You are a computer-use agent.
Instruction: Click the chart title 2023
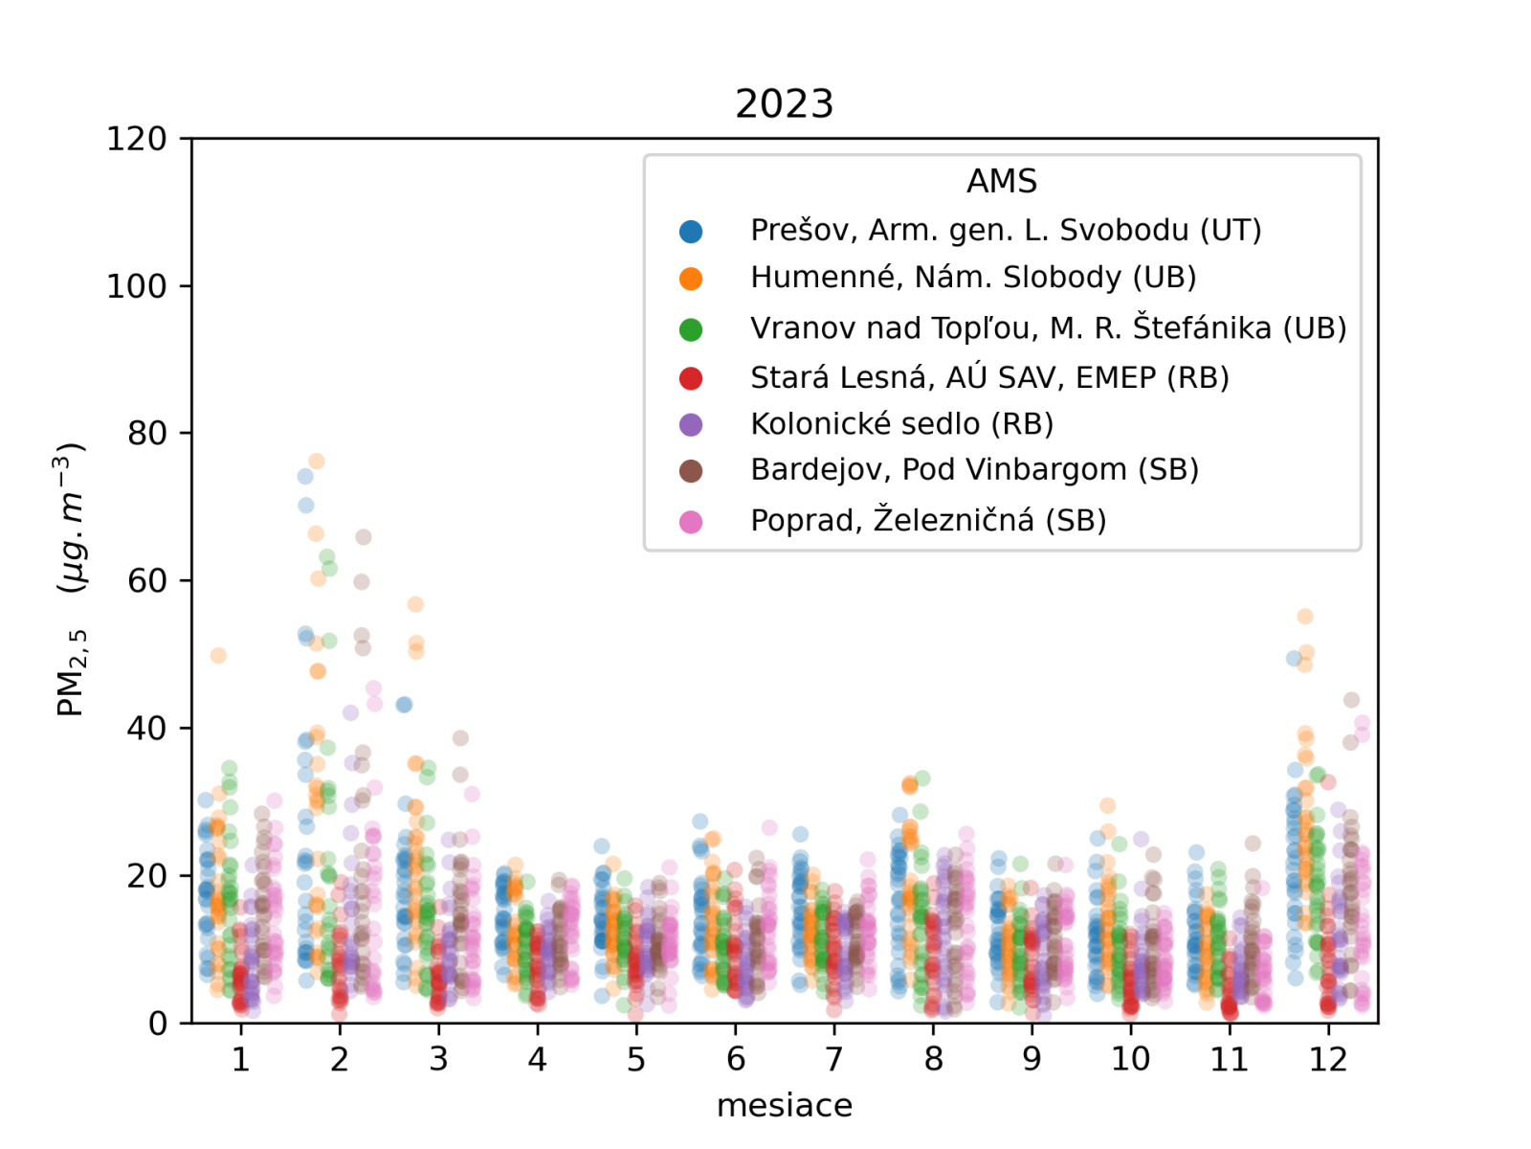[784, 103]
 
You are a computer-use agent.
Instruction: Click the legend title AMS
[1001, 181]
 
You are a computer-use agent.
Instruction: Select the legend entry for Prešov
[1005, 231]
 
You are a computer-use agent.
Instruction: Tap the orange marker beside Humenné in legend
[691, 279]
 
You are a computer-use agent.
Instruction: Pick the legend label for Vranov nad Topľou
[1048, 328]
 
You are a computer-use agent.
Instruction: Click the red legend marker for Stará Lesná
[691, 378]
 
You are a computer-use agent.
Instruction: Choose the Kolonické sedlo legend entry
[901, 424]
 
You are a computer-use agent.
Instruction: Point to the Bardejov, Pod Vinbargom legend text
[974, 470]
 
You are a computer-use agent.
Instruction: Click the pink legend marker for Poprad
[691, 522]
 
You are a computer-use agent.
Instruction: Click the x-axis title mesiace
[784, 1106]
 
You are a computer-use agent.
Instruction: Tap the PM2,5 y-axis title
[72, 579]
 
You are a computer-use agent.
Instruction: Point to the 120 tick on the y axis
[136, 140]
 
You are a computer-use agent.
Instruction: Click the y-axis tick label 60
[146, 581]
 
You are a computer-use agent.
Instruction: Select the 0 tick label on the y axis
[157, 1024]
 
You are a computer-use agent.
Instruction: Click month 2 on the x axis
[340, 1060]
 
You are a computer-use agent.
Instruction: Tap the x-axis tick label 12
[1328, 1060]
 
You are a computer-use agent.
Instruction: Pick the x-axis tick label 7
[834, 1060]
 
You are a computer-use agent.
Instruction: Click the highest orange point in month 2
[317, 462]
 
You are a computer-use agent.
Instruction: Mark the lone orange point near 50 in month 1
[218, 656]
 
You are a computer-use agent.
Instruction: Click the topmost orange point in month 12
[1305, 617]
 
